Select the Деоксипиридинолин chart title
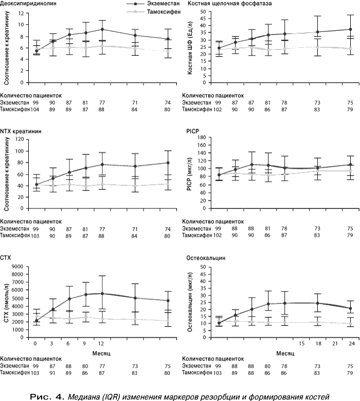tap(28, 4)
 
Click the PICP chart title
tap(193, 131)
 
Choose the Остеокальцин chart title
tap(206, 258)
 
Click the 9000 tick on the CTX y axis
tap(19, 267)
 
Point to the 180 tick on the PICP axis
tap(201, 137)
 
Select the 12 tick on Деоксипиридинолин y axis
tap(21, 13)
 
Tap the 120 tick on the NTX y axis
tap(20, 139)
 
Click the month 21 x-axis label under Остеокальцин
tap(335, 343)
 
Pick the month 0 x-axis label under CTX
tap(35, 343)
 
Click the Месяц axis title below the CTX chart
tap(101, 354)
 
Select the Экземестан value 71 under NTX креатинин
tap(135, 229)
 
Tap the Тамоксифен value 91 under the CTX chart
tap(52, 373)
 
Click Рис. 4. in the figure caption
tap(47, 397)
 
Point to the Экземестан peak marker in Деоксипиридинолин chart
tap(102, 29)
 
